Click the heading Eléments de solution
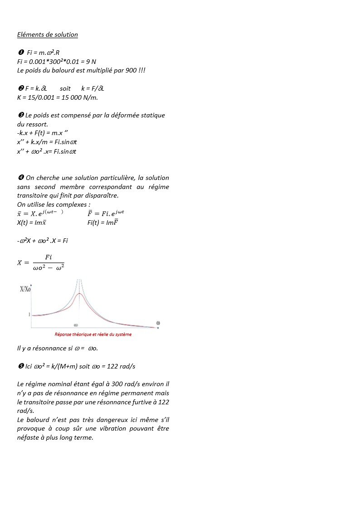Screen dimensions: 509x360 coord(48,34)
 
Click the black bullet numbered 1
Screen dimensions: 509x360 coord(20,53)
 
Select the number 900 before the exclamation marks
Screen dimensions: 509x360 coord(131,70)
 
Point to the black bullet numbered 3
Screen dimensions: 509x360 coord(20,115)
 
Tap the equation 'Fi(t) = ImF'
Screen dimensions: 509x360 coord(103,223)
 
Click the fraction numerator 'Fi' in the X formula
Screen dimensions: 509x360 coord(48,257)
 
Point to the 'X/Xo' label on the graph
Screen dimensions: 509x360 coord(25,289)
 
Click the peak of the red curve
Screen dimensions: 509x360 coord(80,294)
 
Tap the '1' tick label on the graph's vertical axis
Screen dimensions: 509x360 coord(29,314)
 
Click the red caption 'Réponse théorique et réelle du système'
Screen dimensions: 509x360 coord(93,334)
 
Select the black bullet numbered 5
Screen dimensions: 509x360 coord(20,366)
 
